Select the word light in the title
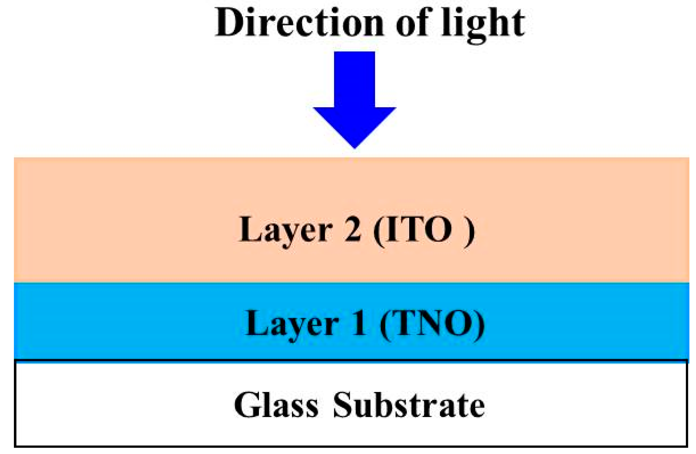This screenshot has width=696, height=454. pos(483,25)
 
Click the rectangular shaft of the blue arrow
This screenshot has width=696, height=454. pos(354,79)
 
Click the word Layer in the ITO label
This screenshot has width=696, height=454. pos(285,230)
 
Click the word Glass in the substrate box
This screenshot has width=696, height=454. pos(276,405)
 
